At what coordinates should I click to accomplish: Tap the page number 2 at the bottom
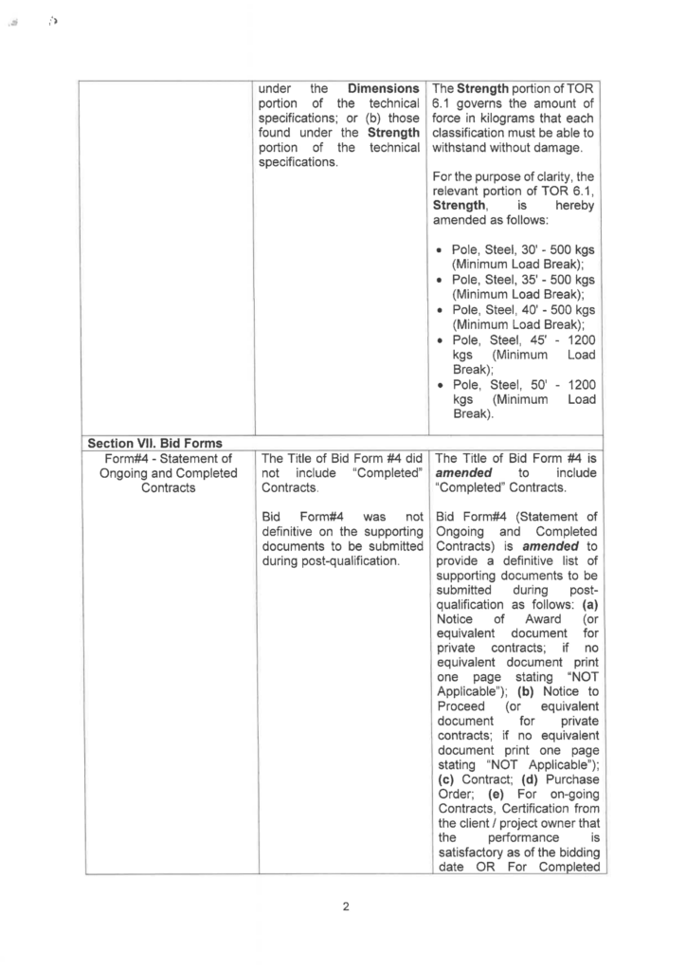coord(346,907)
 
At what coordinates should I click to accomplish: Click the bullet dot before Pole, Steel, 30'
coord(442,250)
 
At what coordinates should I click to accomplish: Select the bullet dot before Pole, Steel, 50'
coord(442,384)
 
